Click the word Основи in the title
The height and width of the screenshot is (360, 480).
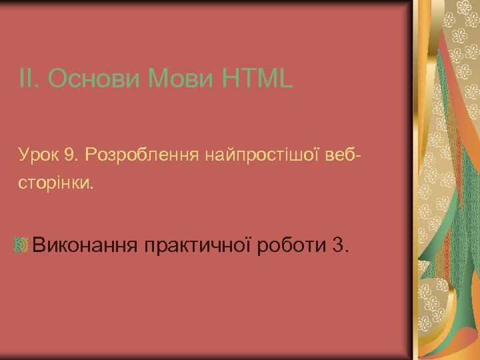coord(93,80)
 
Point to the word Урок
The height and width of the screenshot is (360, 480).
coord(38,156)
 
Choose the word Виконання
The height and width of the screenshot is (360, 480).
coord(85,245)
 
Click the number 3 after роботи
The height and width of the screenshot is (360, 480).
coord(336,245)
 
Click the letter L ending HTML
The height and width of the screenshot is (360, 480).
coord(285,80)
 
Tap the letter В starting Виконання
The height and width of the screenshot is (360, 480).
coord(39,245)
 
